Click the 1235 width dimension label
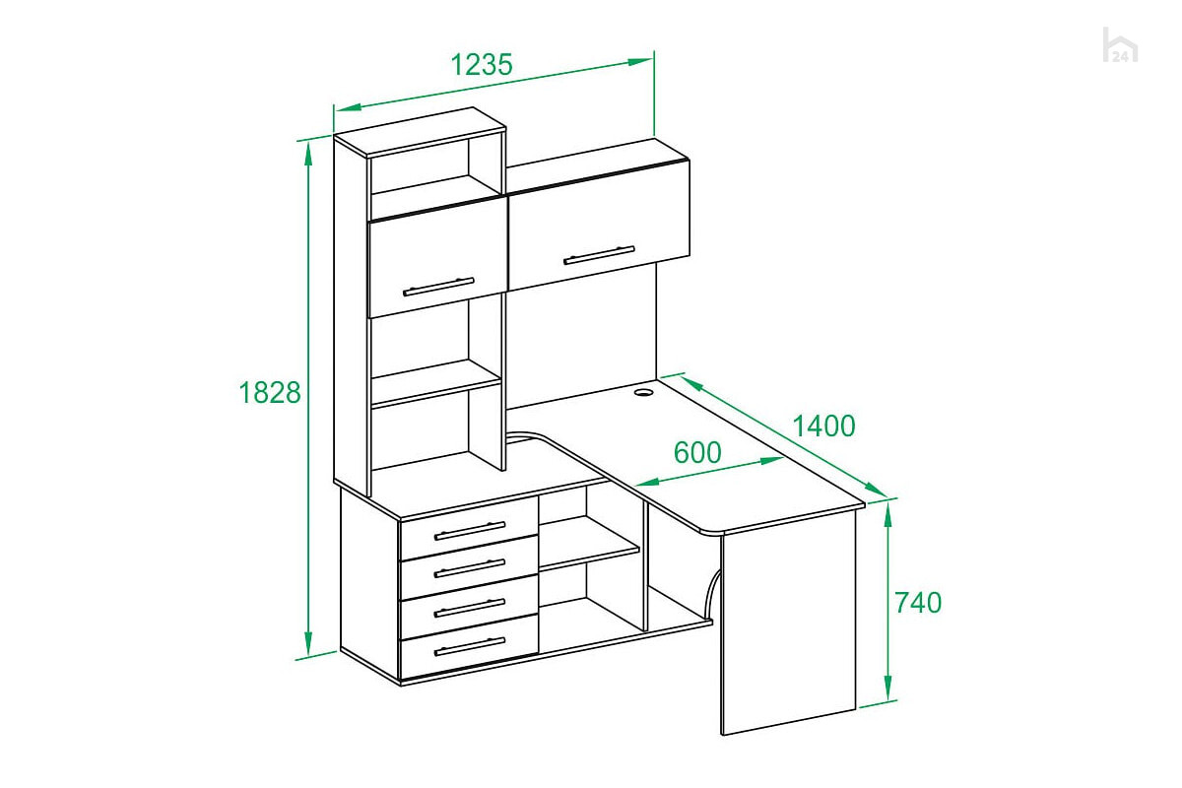pyautogui.click(x=482, y=64)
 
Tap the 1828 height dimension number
pyautogui.click(x=270, y=393)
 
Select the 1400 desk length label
pyautogui.click(x=823, y=426)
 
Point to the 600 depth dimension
pyautogui.click(x=697, y=452)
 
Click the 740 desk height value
pyautogui.click(x=918, y=603)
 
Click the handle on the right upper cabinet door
pyautogui.click(x=600, y=255)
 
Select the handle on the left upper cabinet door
pyautogui.click(x=438, y=287)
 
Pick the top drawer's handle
pyautogui.click(x=470, y=531)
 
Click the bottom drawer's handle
pyautogui.click(x=470, y=646)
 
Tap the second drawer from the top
pyautogui.click(x=469, y=566)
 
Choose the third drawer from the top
pyautogui.click(x=469, y=607)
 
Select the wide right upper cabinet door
pyautogui.click(x=599, y=225)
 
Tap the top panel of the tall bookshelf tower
pyautogui.click(x=420, y=131)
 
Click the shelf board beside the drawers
pyautogui.click(x=589, y=543)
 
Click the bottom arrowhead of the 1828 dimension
pyautogui.click(x=308, y=643)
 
